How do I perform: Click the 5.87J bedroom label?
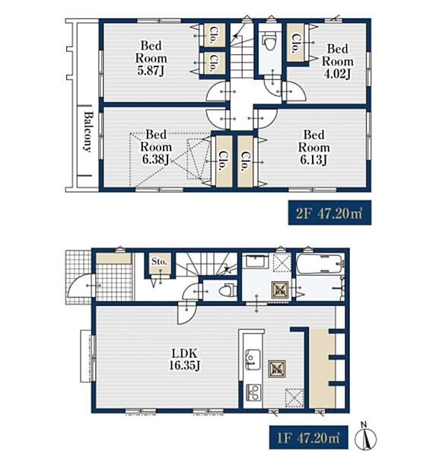[151, 58]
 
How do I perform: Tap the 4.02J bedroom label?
[337, 61]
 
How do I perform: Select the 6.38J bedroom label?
[156, 147]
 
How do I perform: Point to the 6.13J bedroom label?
[313, 147]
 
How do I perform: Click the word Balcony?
[87, 132]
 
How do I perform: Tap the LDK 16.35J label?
[185, 360]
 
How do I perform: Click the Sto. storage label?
[159, 261]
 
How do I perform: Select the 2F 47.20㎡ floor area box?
[329, 213]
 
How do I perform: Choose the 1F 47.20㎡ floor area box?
[309, 437]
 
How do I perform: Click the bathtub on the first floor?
[320, 264]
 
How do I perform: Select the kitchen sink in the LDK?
[253, 360]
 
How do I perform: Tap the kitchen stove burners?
[254, 392]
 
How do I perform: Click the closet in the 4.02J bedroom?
[296, 43]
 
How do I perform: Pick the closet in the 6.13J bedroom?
[245, 161]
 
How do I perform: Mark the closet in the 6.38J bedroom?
[224, 161]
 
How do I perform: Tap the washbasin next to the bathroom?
[257, 261]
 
